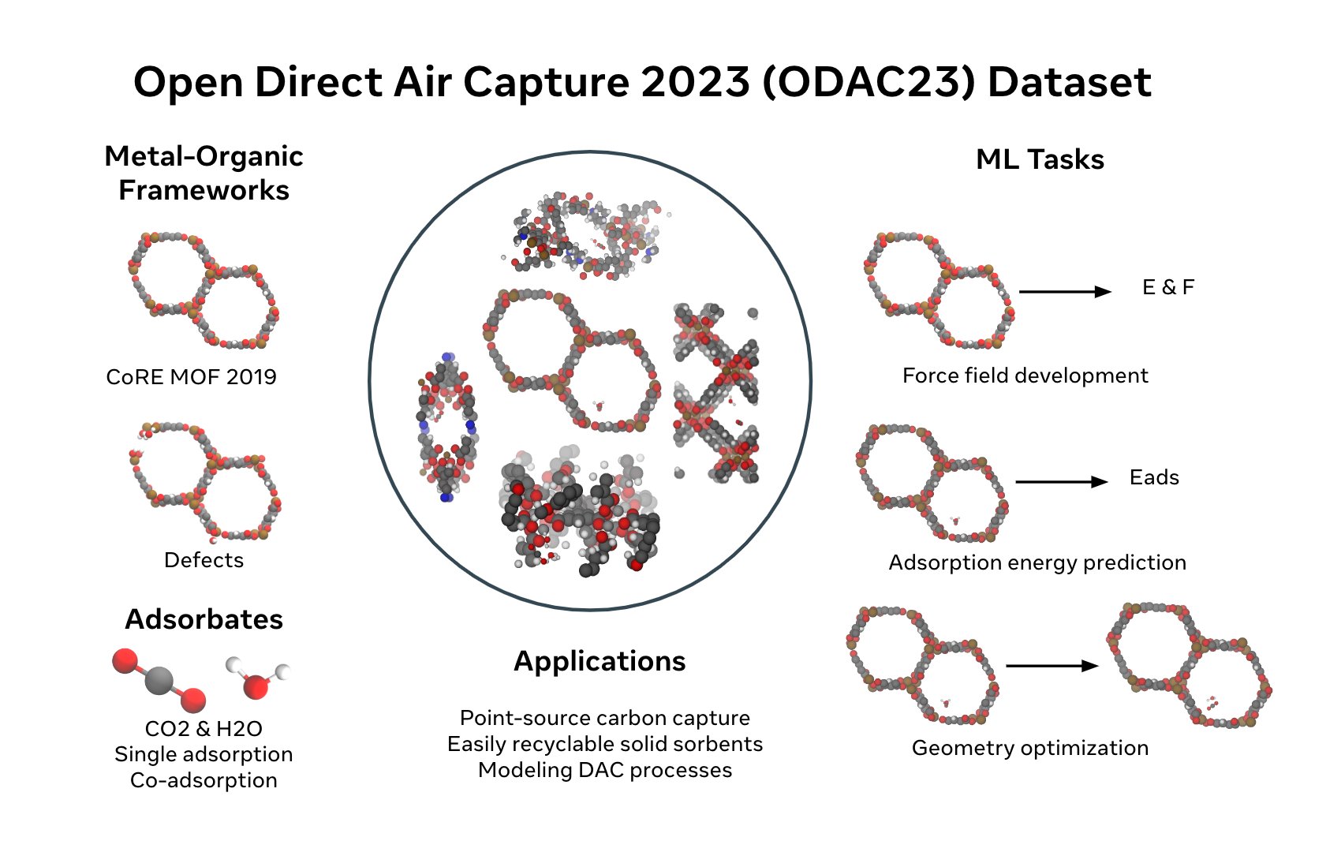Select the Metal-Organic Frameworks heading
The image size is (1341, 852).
[x=204, y=174]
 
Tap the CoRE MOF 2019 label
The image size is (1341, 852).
[x=192, y=377]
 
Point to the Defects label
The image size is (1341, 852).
[x=204, y=560]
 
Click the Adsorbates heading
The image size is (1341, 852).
[x=204, y=619]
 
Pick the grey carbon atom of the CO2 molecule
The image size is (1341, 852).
[x=159, y=680]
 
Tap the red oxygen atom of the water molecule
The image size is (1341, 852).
[x=256, y=687]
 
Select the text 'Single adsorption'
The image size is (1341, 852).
[x=204, y=754]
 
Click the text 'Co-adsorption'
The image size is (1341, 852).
[x=204, y=780]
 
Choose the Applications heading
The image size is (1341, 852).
[x=600, y=661]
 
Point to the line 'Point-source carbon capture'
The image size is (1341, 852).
[x=605, y=718]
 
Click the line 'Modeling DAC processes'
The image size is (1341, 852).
[x=605, y=770]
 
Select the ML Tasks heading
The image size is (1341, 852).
[x=1040, y=159]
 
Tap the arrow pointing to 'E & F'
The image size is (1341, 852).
[x=1065, y=292]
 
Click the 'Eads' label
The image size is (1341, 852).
[x=1154, y=477]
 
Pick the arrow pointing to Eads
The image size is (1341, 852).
[x=1062, y=482]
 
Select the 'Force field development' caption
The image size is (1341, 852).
[x=1025, y=376]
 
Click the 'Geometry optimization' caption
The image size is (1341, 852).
[x=1030, y=748]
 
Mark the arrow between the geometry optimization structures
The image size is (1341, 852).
[x=1052, y=666]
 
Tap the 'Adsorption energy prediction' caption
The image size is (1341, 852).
[x=1037, y=562]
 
